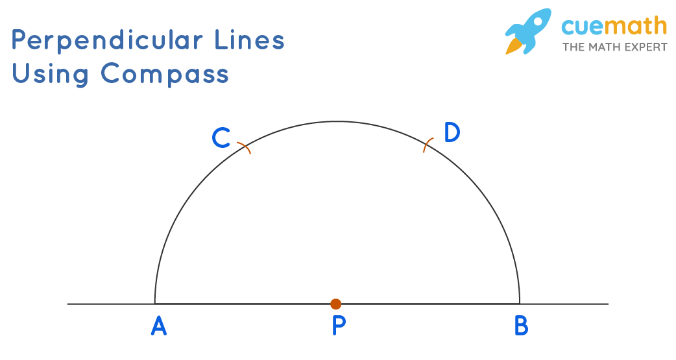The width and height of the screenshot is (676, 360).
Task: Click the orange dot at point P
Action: tap(335, 304)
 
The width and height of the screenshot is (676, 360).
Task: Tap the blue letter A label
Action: tap(159, 326)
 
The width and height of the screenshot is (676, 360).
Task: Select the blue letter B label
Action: tap(521, 326)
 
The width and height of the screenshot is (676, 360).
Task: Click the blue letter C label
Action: tap(221, 138)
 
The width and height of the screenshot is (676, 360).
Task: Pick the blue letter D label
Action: tap(452, 132)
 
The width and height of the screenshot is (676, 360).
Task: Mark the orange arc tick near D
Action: tap(428, 145)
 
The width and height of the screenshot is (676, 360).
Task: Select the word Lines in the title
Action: tap(250, 40)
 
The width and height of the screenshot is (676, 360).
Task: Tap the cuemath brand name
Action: tap(614, 26)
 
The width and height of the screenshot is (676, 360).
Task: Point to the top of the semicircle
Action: tap(337, 121)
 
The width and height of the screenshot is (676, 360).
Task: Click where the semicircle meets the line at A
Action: tap(154, 304)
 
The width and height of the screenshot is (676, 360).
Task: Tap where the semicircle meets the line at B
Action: tap(520, 304)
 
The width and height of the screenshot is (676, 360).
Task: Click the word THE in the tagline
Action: tap(573, 47)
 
